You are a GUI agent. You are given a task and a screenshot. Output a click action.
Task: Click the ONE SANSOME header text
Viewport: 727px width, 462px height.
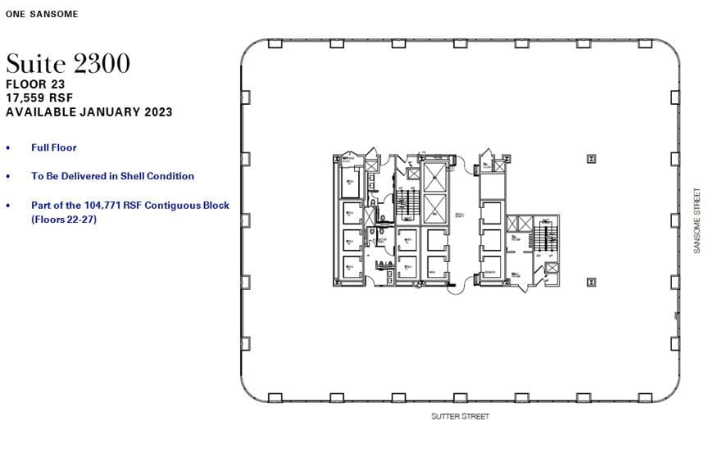tap(42, 14)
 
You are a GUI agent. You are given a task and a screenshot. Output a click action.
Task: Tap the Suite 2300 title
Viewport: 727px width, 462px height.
tap(68, 64)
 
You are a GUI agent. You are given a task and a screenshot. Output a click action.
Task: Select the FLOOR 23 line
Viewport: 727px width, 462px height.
tap(35, 84)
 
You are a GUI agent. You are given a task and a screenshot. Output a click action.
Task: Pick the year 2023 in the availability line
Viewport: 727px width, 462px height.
tap(157, 112)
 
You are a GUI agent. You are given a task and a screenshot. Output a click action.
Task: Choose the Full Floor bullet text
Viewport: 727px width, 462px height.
tap(54, 147)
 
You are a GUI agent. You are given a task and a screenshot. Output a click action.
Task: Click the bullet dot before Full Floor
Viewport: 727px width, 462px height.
tap(9, 148)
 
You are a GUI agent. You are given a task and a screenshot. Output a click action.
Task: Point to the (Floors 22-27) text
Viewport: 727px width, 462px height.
tap(64, 220)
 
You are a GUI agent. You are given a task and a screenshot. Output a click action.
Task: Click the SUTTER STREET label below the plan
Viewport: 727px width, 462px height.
tap(460, 417)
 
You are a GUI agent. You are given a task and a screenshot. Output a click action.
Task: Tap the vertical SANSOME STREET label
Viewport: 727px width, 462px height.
tap(697, 220)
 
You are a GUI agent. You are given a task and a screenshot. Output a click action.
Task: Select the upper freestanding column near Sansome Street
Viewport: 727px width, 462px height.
tap(591, 159)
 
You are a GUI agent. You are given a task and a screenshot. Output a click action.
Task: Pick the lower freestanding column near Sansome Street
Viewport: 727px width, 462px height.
tap(591, 282)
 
